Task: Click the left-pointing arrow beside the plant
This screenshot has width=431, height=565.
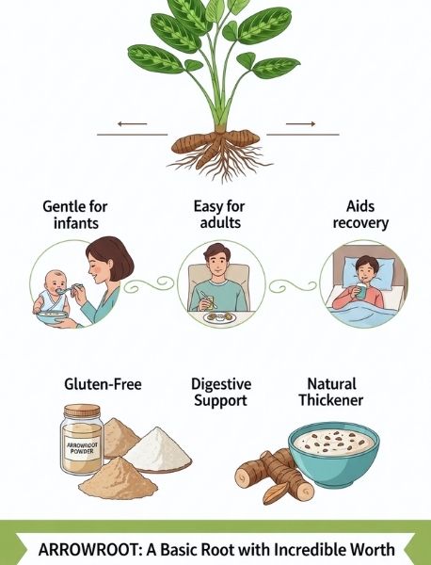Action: point(132,124)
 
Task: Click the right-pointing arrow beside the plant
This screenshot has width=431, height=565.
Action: point(300,124)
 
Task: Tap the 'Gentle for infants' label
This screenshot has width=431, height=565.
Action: point(75,215)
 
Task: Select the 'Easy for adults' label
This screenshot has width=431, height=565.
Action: point(219,215)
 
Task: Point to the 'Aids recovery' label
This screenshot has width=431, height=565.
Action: point(360,215)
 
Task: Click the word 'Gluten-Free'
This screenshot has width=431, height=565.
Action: point(103,384)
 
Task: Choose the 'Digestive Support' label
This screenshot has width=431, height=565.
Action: point(221,393)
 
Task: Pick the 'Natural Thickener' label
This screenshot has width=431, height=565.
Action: point(331,392)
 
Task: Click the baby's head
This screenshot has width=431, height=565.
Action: point(56,282)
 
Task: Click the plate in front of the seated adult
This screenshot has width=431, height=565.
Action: point(219,317)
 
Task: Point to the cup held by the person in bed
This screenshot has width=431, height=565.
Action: point(361,290)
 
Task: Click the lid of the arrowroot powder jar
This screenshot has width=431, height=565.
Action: point(82,411)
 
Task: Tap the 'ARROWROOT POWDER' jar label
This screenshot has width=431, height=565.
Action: point(82,447)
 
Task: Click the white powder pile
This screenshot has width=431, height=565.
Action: point(157,447)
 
